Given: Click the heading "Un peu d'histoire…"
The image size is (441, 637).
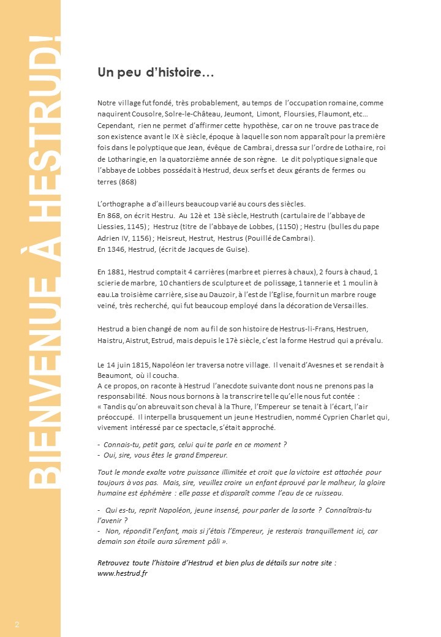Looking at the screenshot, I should point(155,73).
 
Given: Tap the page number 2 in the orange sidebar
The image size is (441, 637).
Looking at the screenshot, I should point(17,624).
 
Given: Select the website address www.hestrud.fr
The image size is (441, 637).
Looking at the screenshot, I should point(123,573).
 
